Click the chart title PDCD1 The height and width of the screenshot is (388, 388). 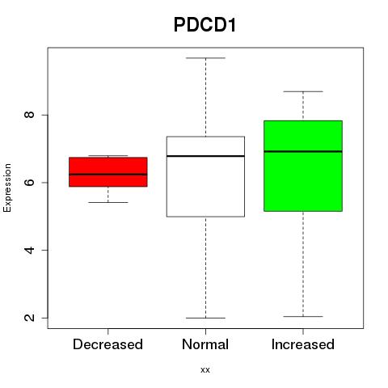pos(205,25)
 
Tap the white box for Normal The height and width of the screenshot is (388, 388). pos(205,176)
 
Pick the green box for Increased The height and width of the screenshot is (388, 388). pos(303,166)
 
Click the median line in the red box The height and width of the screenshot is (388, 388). pos(108,175)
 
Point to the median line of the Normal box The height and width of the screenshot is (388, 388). pos(205,156)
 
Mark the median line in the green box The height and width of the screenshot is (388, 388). pos(303,151)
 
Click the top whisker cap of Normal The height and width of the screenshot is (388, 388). pos(205,58)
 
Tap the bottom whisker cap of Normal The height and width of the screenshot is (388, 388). pos(205,318)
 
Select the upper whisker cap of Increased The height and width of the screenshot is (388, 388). pos(303,91)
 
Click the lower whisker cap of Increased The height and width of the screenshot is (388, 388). pos(303,316)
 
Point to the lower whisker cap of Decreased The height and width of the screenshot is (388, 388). pos(108,202)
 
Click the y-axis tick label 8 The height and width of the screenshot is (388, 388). pos(29,115)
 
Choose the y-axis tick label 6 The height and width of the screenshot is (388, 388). pos(29,183)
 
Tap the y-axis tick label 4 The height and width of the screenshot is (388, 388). pos(29,250)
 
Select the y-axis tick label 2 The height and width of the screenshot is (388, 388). pos(29,318)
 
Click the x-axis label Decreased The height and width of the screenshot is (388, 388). pos(108,344)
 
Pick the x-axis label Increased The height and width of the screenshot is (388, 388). pos(303,344)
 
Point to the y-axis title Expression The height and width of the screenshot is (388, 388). pos(7,188)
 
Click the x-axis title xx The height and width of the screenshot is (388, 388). pos(205,370)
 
